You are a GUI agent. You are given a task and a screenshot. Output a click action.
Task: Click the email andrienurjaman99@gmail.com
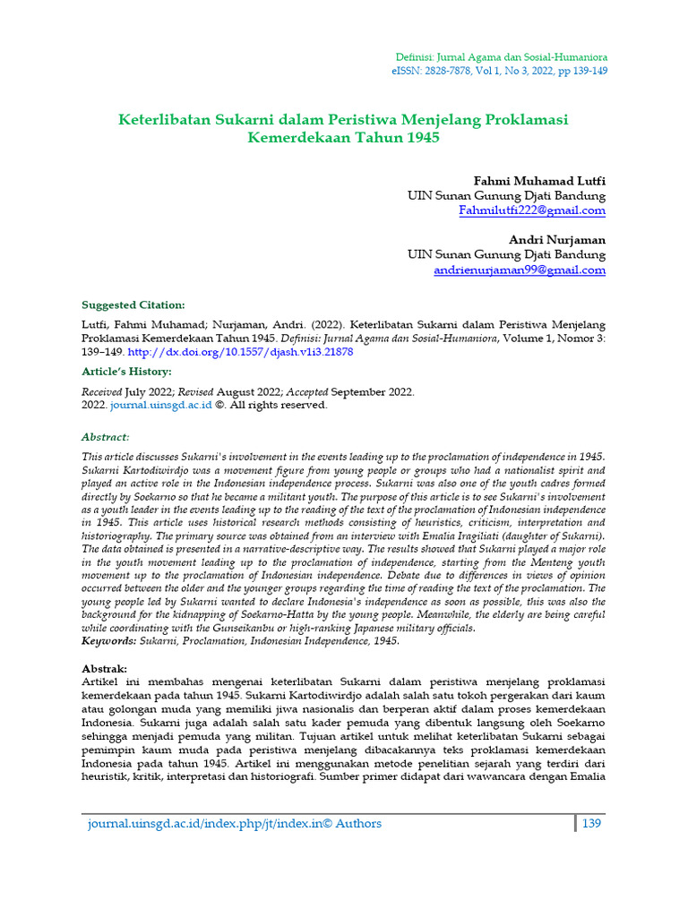pos(520,270)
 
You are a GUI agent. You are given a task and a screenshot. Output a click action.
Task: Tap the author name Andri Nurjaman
pos(557,240)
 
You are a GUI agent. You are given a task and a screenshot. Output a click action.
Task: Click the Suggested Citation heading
pos(133,305)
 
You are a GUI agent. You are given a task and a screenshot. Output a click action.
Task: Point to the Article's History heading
pos(126,372)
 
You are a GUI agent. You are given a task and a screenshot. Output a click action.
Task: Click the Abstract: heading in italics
pos(106,437)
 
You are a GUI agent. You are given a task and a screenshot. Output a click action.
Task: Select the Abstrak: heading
pos(105,669)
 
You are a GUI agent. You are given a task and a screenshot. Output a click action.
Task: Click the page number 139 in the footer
pos(593,824)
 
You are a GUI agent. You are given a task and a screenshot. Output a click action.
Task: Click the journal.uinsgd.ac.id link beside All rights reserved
pos(161,405)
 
